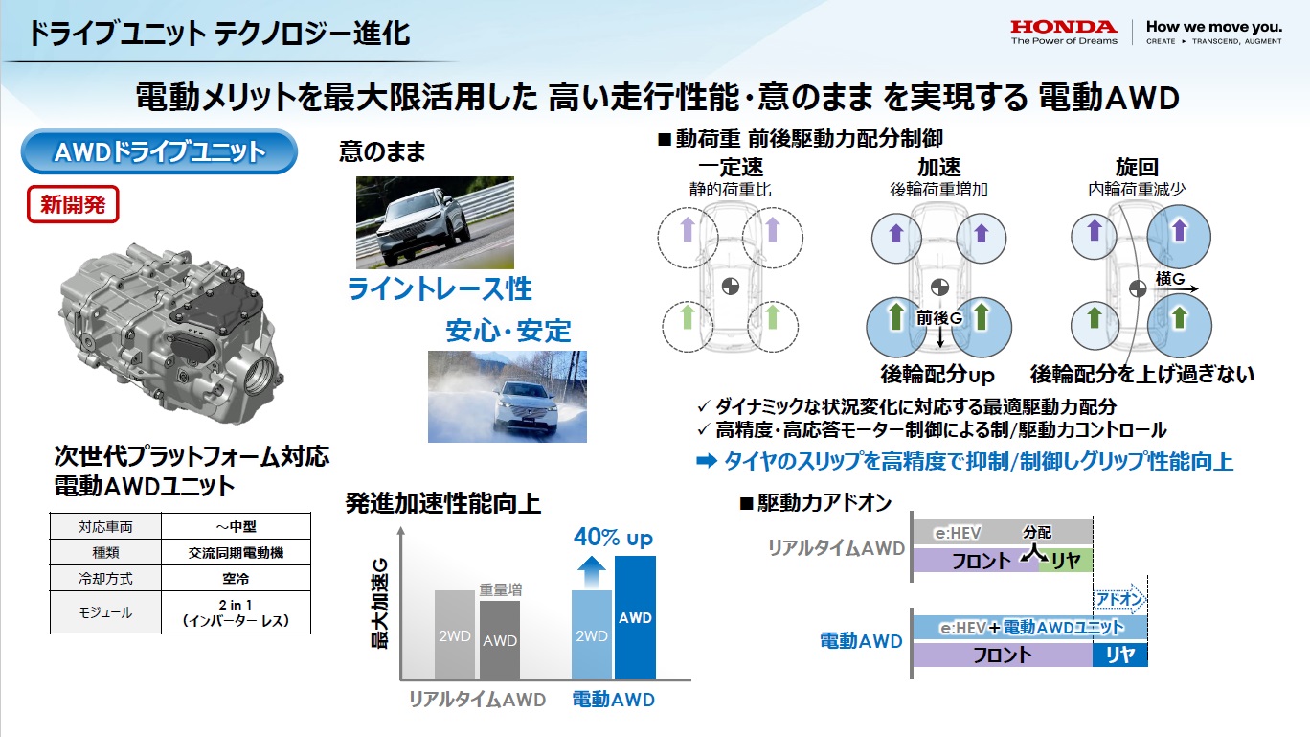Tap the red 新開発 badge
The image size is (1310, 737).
[x=73, y=203]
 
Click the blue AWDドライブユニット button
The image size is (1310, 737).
[x=159, y=151]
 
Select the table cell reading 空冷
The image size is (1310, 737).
[x=236, y=578]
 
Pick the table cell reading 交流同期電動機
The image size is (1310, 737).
[x=236, y=552]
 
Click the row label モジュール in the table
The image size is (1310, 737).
[x=105, y=611]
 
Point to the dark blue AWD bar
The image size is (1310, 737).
[x=635, y=618]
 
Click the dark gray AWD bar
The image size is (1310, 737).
[x=499, y=640]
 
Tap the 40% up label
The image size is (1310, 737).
[x=613, y=538]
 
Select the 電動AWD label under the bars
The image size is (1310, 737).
[x=613, y=700]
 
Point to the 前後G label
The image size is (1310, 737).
[x=939, y=317]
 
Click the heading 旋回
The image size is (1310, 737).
[x=1137, y=168]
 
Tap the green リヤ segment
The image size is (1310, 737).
[x=1065, y=561]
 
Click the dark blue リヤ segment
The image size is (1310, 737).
[x=1119, y=655]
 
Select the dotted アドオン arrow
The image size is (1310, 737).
[x=1119, y=598]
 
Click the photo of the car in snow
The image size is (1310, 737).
[x=507, y=396]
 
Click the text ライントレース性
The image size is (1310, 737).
[x=439, y=288]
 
